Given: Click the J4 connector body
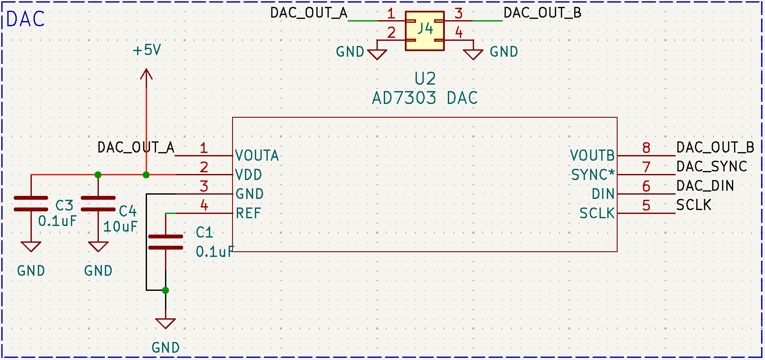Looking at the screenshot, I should pyautogui.click(x=425, y=31).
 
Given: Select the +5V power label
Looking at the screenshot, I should pyautogui.click(x=147, y=50).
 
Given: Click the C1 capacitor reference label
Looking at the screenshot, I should pyautogui.click(x=205, y=233).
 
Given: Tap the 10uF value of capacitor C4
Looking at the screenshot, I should pyautogui.click(x=120, y=226).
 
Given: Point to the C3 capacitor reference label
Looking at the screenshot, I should pyautogui.click(x=64, y=205).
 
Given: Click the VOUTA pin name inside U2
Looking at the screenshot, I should pyautogui.click(x=257, y=156).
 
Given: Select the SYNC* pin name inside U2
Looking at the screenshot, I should pyautogui.click(x=593, y=175).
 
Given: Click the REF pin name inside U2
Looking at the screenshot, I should pyautogui.click(x=248, y=213).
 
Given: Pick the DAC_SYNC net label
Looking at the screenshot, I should pyautogui.click(x=712, y=166).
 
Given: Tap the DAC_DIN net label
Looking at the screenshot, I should pyautogui.click(x=705, y=186).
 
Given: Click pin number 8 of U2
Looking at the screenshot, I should pyautogui.click(x=646, y=148).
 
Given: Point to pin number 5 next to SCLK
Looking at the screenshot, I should pyautogui.click(x=646, y=205).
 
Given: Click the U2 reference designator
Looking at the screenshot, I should pyautogui.click(x=425, y=79).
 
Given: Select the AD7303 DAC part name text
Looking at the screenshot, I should pyautogui.click(x=425, y=98).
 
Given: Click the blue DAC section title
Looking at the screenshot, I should pyautogui.click(x=26, y=19).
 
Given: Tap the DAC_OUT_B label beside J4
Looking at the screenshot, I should pyautogui.click(x=542, y=13).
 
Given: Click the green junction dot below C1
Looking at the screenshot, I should pyautogui.click(x=165, y=290).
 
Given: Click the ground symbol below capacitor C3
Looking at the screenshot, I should pyautogui.click(x=31, y=247).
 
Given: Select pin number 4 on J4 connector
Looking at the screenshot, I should pyautogui.click(x=459, y=32).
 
